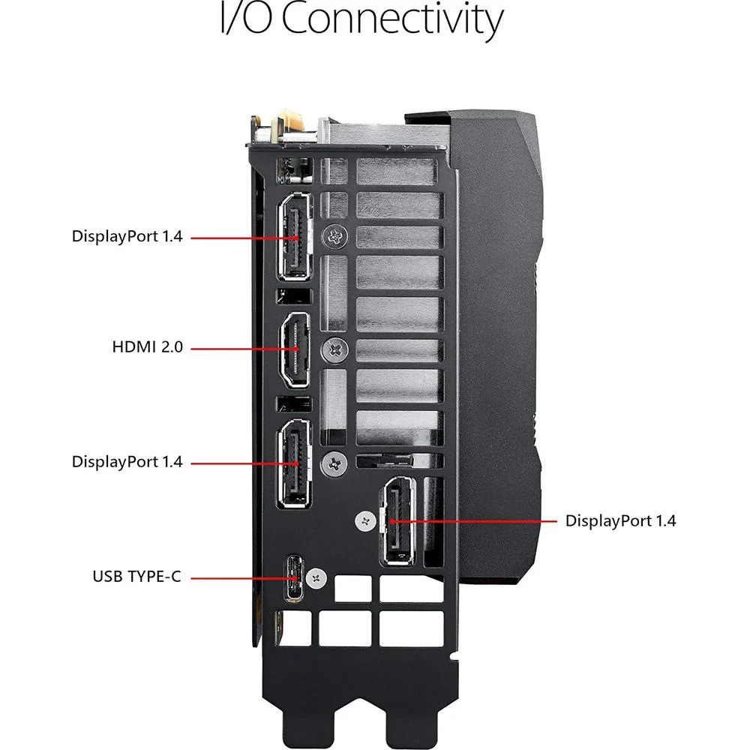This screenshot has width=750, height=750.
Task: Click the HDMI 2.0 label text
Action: pyautogui.click(x=147, y=346)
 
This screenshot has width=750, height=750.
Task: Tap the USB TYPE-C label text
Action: pyautogui.click(x=136, y=576)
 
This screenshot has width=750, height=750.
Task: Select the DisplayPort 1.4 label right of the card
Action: pyautogui.click(x=620, y=521)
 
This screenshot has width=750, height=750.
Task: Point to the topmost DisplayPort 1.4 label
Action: pyautogui.click(x=127, y=236)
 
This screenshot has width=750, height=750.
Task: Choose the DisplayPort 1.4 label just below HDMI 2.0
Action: pyautogui.click(x=127, y=462)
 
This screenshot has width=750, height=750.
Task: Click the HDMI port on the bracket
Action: pyautogui.click(x=295, y=349)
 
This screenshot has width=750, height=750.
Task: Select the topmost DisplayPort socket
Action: pyautogui.click(x=295, y=236)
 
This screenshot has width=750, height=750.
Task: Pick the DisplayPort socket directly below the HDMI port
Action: pyautogui.click(x=295, y=463)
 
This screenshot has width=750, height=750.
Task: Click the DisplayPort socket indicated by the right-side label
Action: pyautogui.click(x=397, y=521)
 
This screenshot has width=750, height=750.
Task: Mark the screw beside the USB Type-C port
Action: pyautogui.click(x=316, y=579)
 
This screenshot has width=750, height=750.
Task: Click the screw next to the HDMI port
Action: pyautogui.click(x=336, y=349)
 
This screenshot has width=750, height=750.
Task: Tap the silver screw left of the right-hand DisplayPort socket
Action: pyautogui.click(x=366, y=521)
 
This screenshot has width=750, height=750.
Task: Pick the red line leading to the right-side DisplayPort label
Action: pyautogui.click(x=473, y=521)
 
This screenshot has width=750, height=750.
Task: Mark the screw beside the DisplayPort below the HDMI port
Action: pyautogui.click(x=334, y=463)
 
